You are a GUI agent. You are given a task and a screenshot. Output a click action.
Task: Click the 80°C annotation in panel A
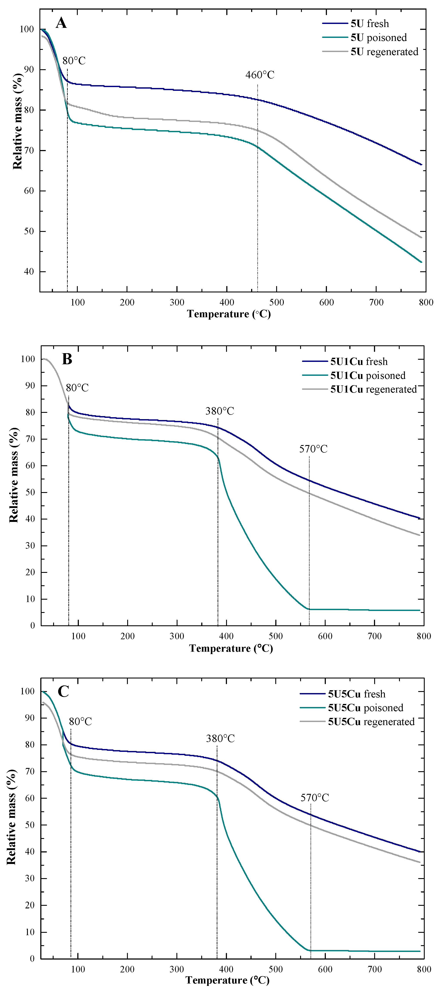[x=74, y=61]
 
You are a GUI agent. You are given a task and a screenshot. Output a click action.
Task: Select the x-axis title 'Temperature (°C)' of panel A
[x=229, y=314]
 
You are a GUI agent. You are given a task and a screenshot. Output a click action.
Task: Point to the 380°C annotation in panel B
[x=220, y=411]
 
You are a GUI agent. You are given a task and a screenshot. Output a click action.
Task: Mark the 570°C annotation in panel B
[x=313, y=449]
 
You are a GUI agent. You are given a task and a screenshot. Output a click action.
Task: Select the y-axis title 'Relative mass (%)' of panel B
[x=14, y=475]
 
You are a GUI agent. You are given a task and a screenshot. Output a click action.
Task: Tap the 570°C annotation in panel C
[x=315, y=798]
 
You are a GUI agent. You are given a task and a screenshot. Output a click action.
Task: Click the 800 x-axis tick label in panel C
[x=424, y=969]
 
